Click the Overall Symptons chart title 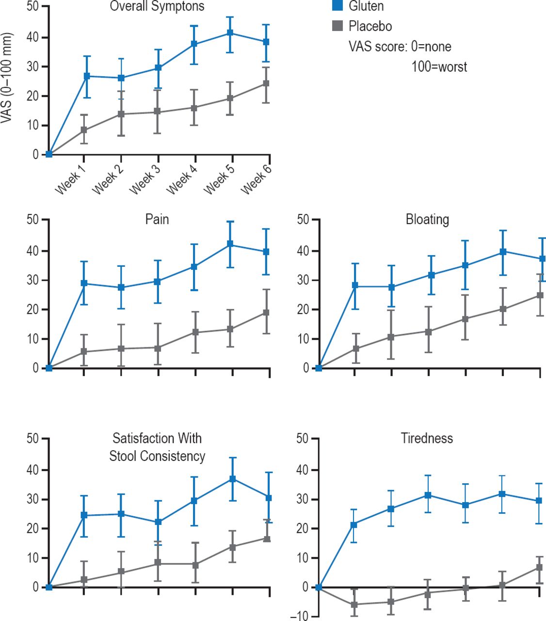[157, 6]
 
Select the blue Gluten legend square [338, 6]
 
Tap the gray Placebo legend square [338, 26]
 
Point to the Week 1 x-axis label [69, 181]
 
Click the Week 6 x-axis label [256, 180]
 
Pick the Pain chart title [157, 219]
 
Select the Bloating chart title [427, 219]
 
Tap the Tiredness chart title [427, 439]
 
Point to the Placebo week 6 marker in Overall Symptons [266, 83]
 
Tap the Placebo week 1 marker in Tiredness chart [354, 605]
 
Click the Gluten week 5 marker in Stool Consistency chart [232, 479]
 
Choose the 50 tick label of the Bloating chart [303, 220]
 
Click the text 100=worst [439, 66]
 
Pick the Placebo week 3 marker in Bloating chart [429, 332]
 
